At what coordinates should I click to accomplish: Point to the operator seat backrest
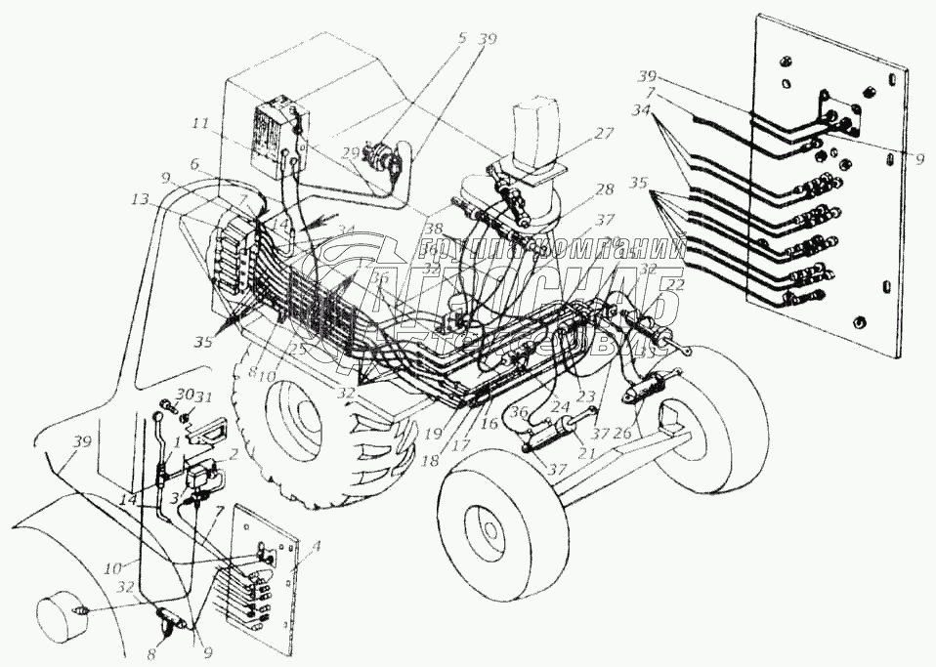(533, 127)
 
